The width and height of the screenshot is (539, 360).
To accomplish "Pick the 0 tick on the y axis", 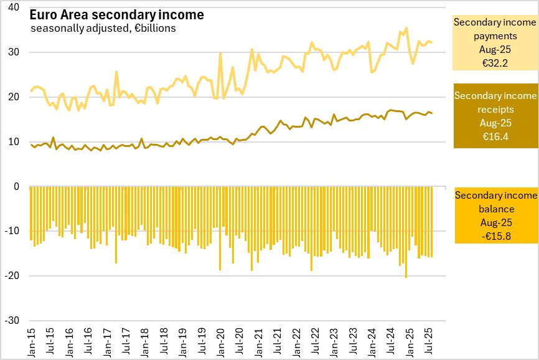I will click(17, 186).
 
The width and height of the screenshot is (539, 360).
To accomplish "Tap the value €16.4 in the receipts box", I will click(495, 136).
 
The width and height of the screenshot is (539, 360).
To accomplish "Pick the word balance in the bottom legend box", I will click(495, 208).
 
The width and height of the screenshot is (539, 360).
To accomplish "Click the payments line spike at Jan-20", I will click(220, 54).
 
